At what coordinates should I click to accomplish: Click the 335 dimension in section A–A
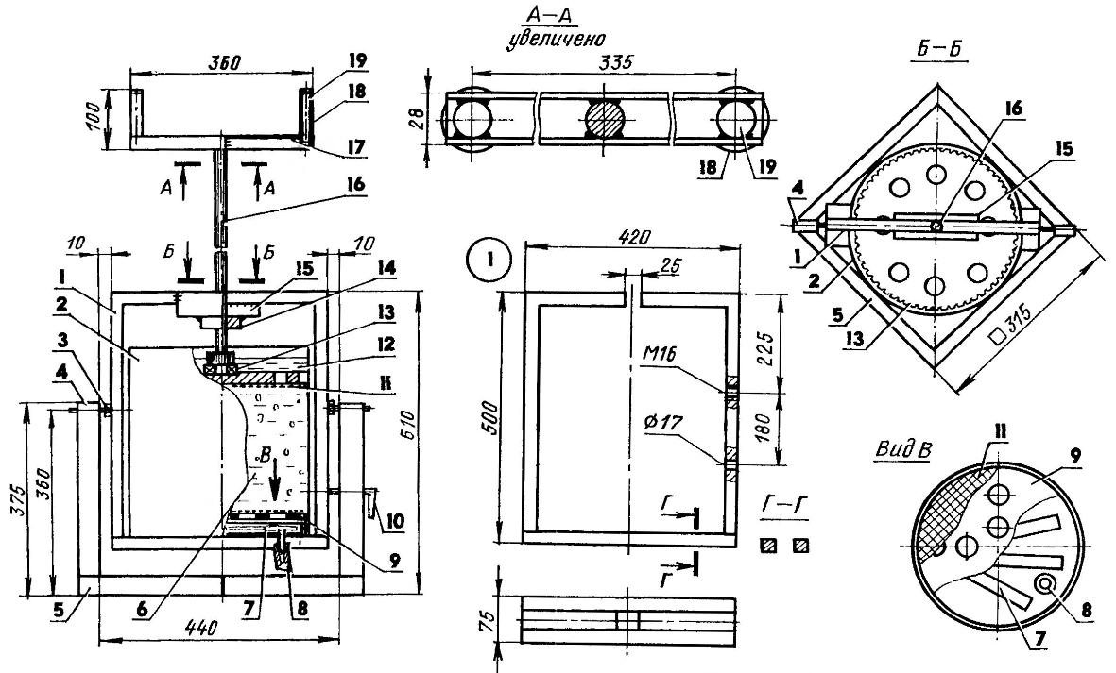616,61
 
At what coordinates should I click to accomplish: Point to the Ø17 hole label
661,423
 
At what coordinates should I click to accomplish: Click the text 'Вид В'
903,450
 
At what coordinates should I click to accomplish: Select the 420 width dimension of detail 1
633,237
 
